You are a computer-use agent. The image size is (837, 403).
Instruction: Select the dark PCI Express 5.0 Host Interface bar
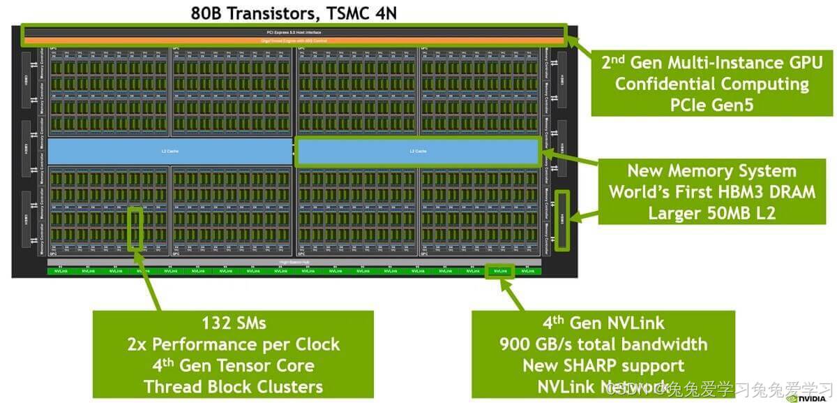point(293,32)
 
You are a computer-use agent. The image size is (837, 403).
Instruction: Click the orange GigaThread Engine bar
point(293,41)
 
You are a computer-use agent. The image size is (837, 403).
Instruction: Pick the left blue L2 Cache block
point(169,151)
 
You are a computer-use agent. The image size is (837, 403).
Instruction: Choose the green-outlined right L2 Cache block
point(417,151)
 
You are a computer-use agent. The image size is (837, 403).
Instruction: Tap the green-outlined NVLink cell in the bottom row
point(500,271)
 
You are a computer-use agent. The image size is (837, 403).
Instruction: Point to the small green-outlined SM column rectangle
point(136,228)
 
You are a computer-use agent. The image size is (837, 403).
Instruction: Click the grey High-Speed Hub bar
point(293,263)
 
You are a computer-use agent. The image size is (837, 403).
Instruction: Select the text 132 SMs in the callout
point(234,323)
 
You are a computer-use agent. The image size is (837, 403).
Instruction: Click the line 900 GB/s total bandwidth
point(603,344)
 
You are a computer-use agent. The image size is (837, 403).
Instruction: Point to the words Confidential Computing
point(712,84)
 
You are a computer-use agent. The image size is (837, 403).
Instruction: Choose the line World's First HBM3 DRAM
point(712,192)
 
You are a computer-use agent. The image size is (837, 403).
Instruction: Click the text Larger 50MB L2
point(712,213)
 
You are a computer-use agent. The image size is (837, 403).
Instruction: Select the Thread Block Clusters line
point(234,386)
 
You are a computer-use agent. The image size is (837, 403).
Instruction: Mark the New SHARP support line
point(603,365)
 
